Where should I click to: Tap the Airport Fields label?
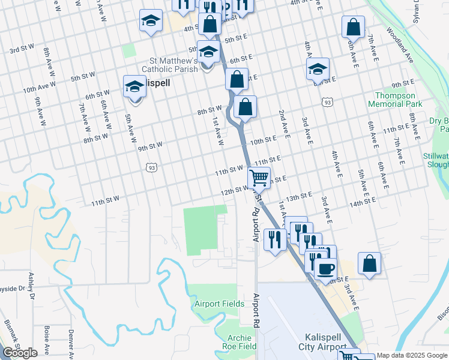[x=220, y=304]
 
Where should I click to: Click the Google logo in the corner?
[x=20, y=353]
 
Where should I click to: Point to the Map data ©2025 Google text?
[x=412, y=355]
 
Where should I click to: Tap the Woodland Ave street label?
[x=400, y=45]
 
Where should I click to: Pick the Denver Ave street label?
[x=71, y=345]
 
